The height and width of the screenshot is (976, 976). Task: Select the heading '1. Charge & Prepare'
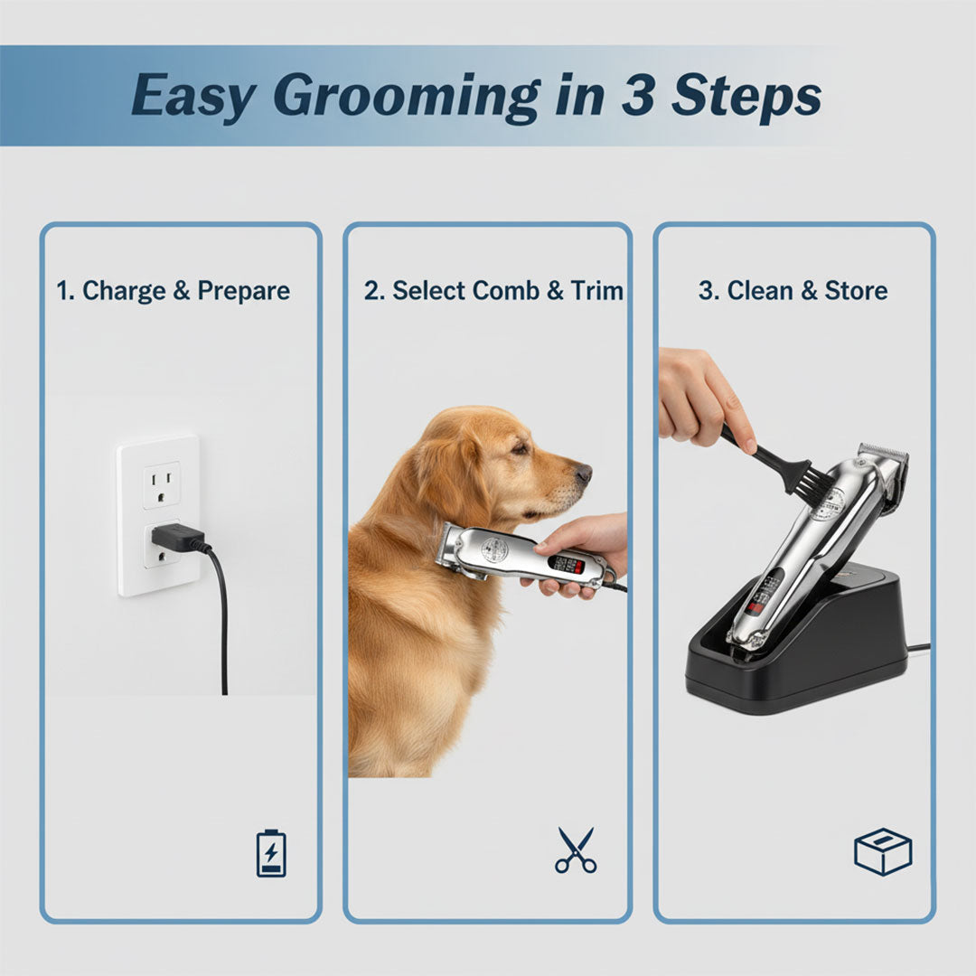click(173, 291)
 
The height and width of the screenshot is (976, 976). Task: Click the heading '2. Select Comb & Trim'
click(493, 291)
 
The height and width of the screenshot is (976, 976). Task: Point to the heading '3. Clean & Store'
click(793, 291)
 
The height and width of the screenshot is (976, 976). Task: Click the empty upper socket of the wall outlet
click(161, 484)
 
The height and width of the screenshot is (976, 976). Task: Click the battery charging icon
click(271, 852)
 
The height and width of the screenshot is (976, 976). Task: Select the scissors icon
click(576, 850)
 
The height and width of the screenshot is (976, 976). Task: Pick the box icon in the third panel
click(882, 851)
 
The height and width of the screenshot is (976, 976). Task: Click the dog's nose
click(584, 473)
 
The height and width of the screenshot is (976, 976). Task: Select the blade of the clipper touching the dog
click(447, 549)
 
